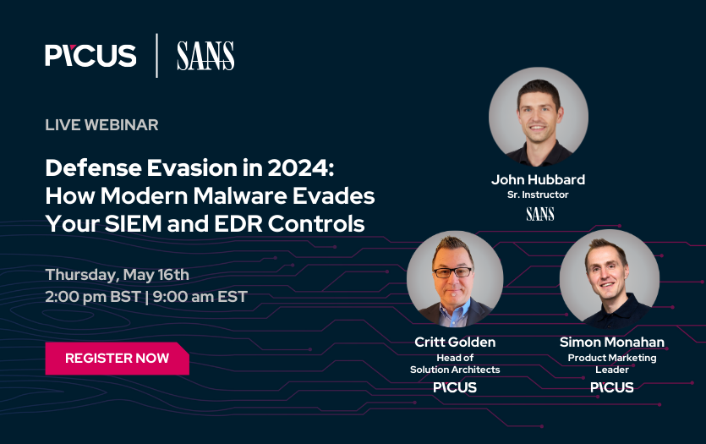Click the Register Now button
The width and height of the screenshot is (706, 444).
pos(117,358)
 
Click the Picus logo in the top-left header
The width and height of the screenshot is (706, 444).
pos(90,56)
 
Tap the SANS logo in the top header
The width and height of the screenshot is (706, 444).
pos(205,56)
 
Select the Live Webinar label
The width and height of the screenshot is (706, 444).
pos(101,125)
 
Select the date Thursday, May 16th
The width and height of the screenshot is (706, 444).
pos(118,275)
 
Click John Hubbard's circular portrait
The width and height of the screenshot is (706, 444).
pos(538,116)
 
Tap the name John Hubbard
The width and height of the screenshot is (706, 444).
pos(538,179)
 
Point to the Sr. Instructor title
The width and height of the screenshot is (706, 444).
pos(538,195)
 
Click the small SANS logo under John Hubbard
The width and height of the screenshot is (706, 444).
pos(539,214)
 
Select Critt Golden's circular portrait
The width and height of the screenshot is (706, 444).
pos(455,278)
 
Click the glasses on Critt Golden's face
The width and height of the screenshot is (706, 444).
pos(453,272)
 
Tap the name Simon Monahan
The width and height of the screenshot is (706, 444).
pos(611,343)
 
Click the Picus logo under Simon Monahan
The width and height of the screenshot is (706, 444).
pos(611,387)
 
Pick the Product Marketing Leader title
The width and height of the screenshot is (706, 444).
pos(611,364)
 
